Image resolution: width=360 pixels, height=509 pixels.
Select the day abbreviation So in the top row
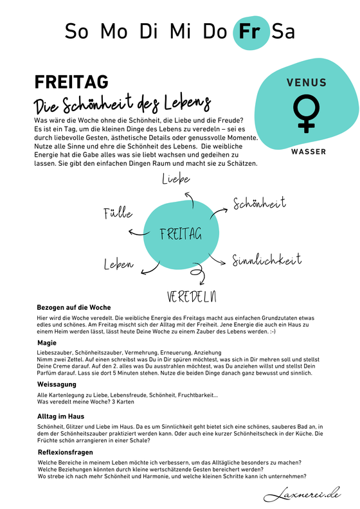(76, 31)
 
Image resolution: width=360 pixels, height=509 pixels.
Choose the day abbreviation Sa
(283, 31)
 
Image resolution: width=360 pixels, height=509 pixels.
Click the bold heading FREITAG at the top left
(71, 82)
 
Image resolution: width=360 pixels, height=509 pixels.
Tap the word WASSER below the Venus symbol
(308, 152)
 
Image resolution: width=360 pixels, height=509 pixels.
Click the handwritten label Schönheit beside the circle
(259, 204)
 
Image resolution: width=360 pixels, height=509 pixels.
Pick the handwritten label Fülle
(118, 213)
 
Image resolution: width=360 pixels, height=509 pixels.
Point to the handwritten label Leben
(119, 264)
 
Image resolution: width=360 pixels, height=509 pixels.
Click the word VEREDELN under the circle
(191, 296)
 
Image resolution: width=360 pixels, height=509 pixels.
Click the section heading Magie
(47, 343)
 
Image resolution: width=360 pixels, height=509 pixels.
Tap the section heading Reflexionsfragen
(66, 452)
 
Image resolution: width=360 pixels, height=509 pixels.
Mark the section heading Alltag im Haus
(62, 416)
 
